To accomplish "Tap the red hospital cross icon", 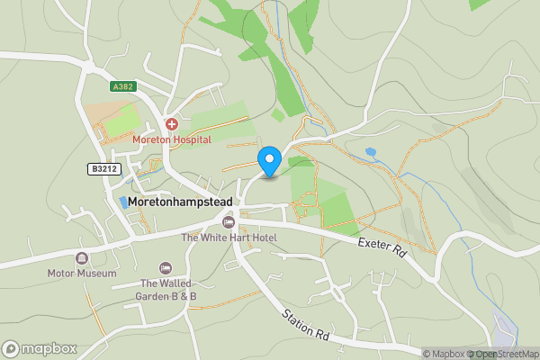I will (171, 123).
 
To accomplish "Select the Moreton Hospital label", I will (171, 139).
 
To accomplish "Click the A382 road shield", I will (122, 86).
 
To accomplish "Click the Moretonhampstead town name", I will (180, 202).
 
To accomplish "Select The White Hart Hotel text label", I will (229, 238).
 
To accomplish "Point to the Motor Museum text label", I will (82, 273).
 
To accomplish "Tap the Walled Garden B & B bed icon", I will (166, 268).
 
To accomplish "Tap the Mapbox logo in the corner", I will (39, 348).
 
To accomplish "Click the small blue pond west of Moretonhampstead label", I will (123, 202).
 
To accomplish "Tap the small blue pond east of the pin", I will (371, 152).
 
